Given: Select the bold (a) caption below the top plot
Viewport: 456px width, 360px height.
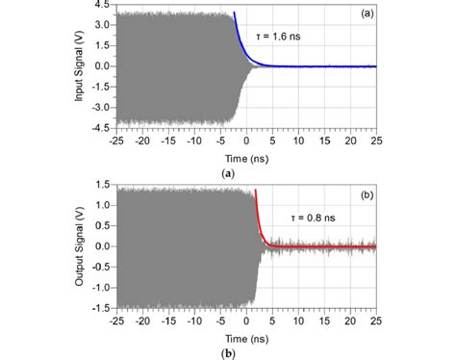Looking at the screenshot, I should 227,171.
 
